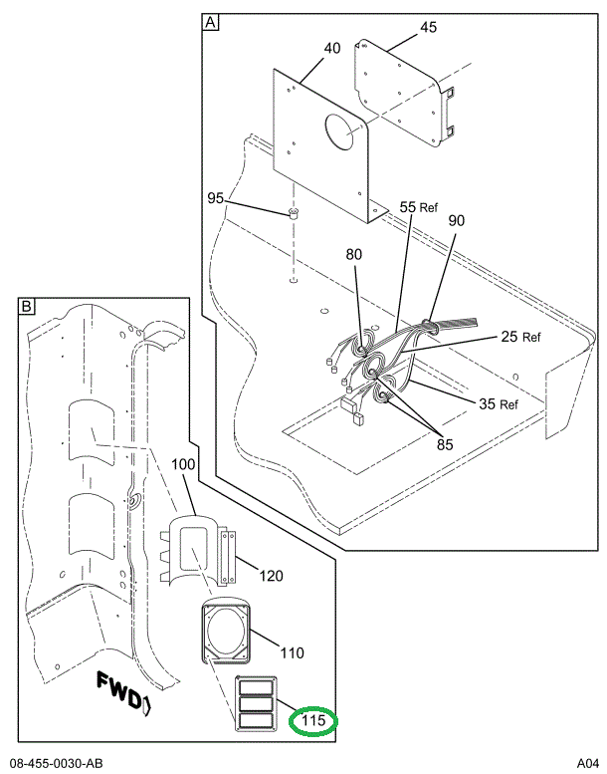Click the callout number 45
click(x=427, y=27)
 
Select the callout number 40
click(x=331, y=47)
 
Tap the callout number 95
click(x=216, y=198)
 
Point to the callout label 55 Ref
click(x=419, y=206)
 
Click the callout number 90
click(x=457, y=220)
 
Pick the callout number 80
click(x=353, y=254)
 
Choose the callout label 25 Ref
click(x=519, y=337)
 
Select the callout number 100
click(x=184, y=465)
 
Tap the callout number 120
click(x=272, y=575)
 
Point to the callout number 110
click(x=292, y=653)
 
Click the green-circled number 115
click(x=313, y=720)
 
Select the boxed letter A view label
click(x=210, y=21)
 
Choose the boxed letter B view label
click(x=27, y=306)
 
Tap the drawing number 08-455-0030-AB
click(x=56, y=763)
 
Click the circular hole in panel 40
click(x=343, y=131)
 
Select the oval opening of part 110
click(x=228, y=632)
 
